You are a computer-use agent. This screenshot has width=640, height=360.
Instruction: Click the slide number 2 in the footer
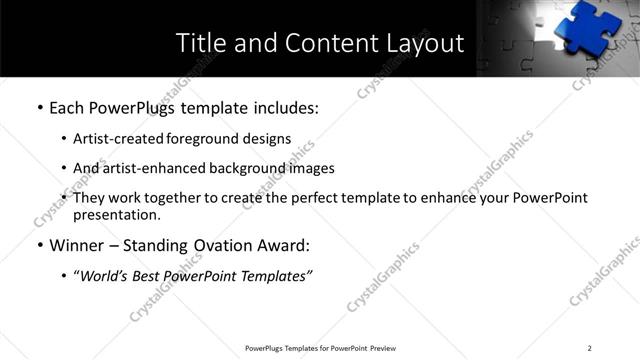pyautogui.click(x=590, y=348)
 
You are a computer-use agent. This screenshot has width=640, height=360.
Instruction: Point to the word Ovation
pyautogui.click(x=220, y=245)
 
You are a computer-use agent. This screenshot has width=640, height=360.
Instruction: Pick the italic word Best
pyautogui.click(x=152, y=275)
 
